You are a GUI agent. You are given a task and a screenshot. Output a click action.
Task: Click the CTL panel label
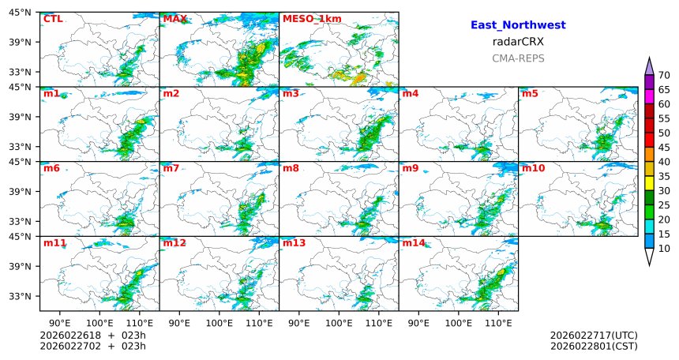point(53,19)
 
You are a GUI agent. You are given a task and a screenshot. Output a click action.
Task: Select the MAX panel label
point(174,19)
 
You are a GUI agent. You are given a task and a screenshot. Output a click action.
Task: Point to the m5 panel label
point(530,94)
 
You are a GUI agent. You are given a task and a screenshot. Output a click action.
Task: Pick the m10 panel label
point(533,168)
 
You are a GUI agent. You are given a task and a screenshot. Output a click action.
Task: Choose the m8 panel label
point(291,168)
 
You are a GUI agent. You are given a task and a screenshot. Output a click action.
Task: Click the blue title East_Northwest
point(518,25)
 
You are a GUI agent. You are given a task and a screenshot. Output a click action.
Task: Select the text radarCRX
point(518,42)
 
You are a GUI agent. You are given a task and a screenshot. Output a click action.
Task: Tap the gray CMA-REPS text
point(518,58)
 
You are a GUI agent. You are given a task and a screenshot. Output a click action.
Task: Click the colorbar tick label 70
point(664,75)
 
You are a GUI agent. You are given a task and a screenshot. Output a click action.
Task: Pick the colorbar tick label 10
point(664,249)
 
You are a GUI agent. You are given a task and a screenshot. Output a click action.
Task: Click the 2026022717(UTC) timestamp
point(594,336)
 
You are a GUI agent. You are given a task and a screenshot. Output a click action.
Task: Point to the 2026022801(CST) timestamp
point(594,346)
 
